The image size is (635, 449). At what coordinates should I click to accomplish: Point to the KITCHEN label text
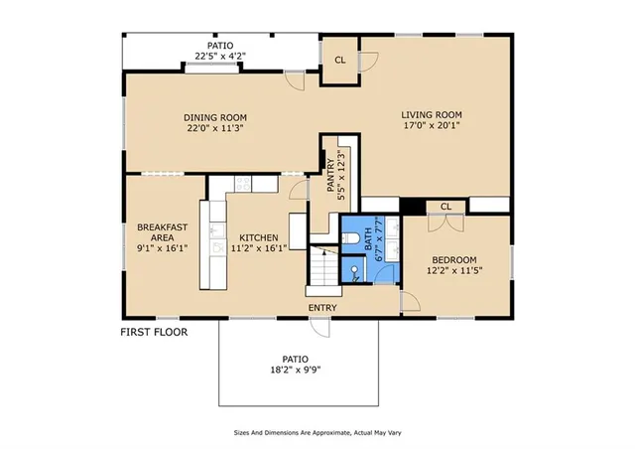click(258, 237)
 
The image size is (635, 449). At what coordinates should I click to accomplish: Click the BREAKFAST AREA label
click(157, 231)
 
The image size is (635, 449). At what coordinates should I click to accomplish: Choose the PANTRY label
click(330, 175)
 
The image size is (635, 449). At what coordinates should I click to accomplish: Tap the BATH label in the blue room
click(366, 237)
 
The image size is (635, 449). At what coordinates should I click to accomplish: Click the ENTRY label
click(322, 308)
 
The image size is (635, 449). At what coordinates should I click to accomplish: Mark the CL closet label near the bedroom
click(446, 207)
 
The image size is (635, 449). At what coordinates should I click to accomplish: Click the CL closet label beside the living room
click(339, 60)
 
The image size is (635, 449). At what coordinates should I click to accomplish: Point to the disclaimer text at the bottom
click(317, 432)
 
